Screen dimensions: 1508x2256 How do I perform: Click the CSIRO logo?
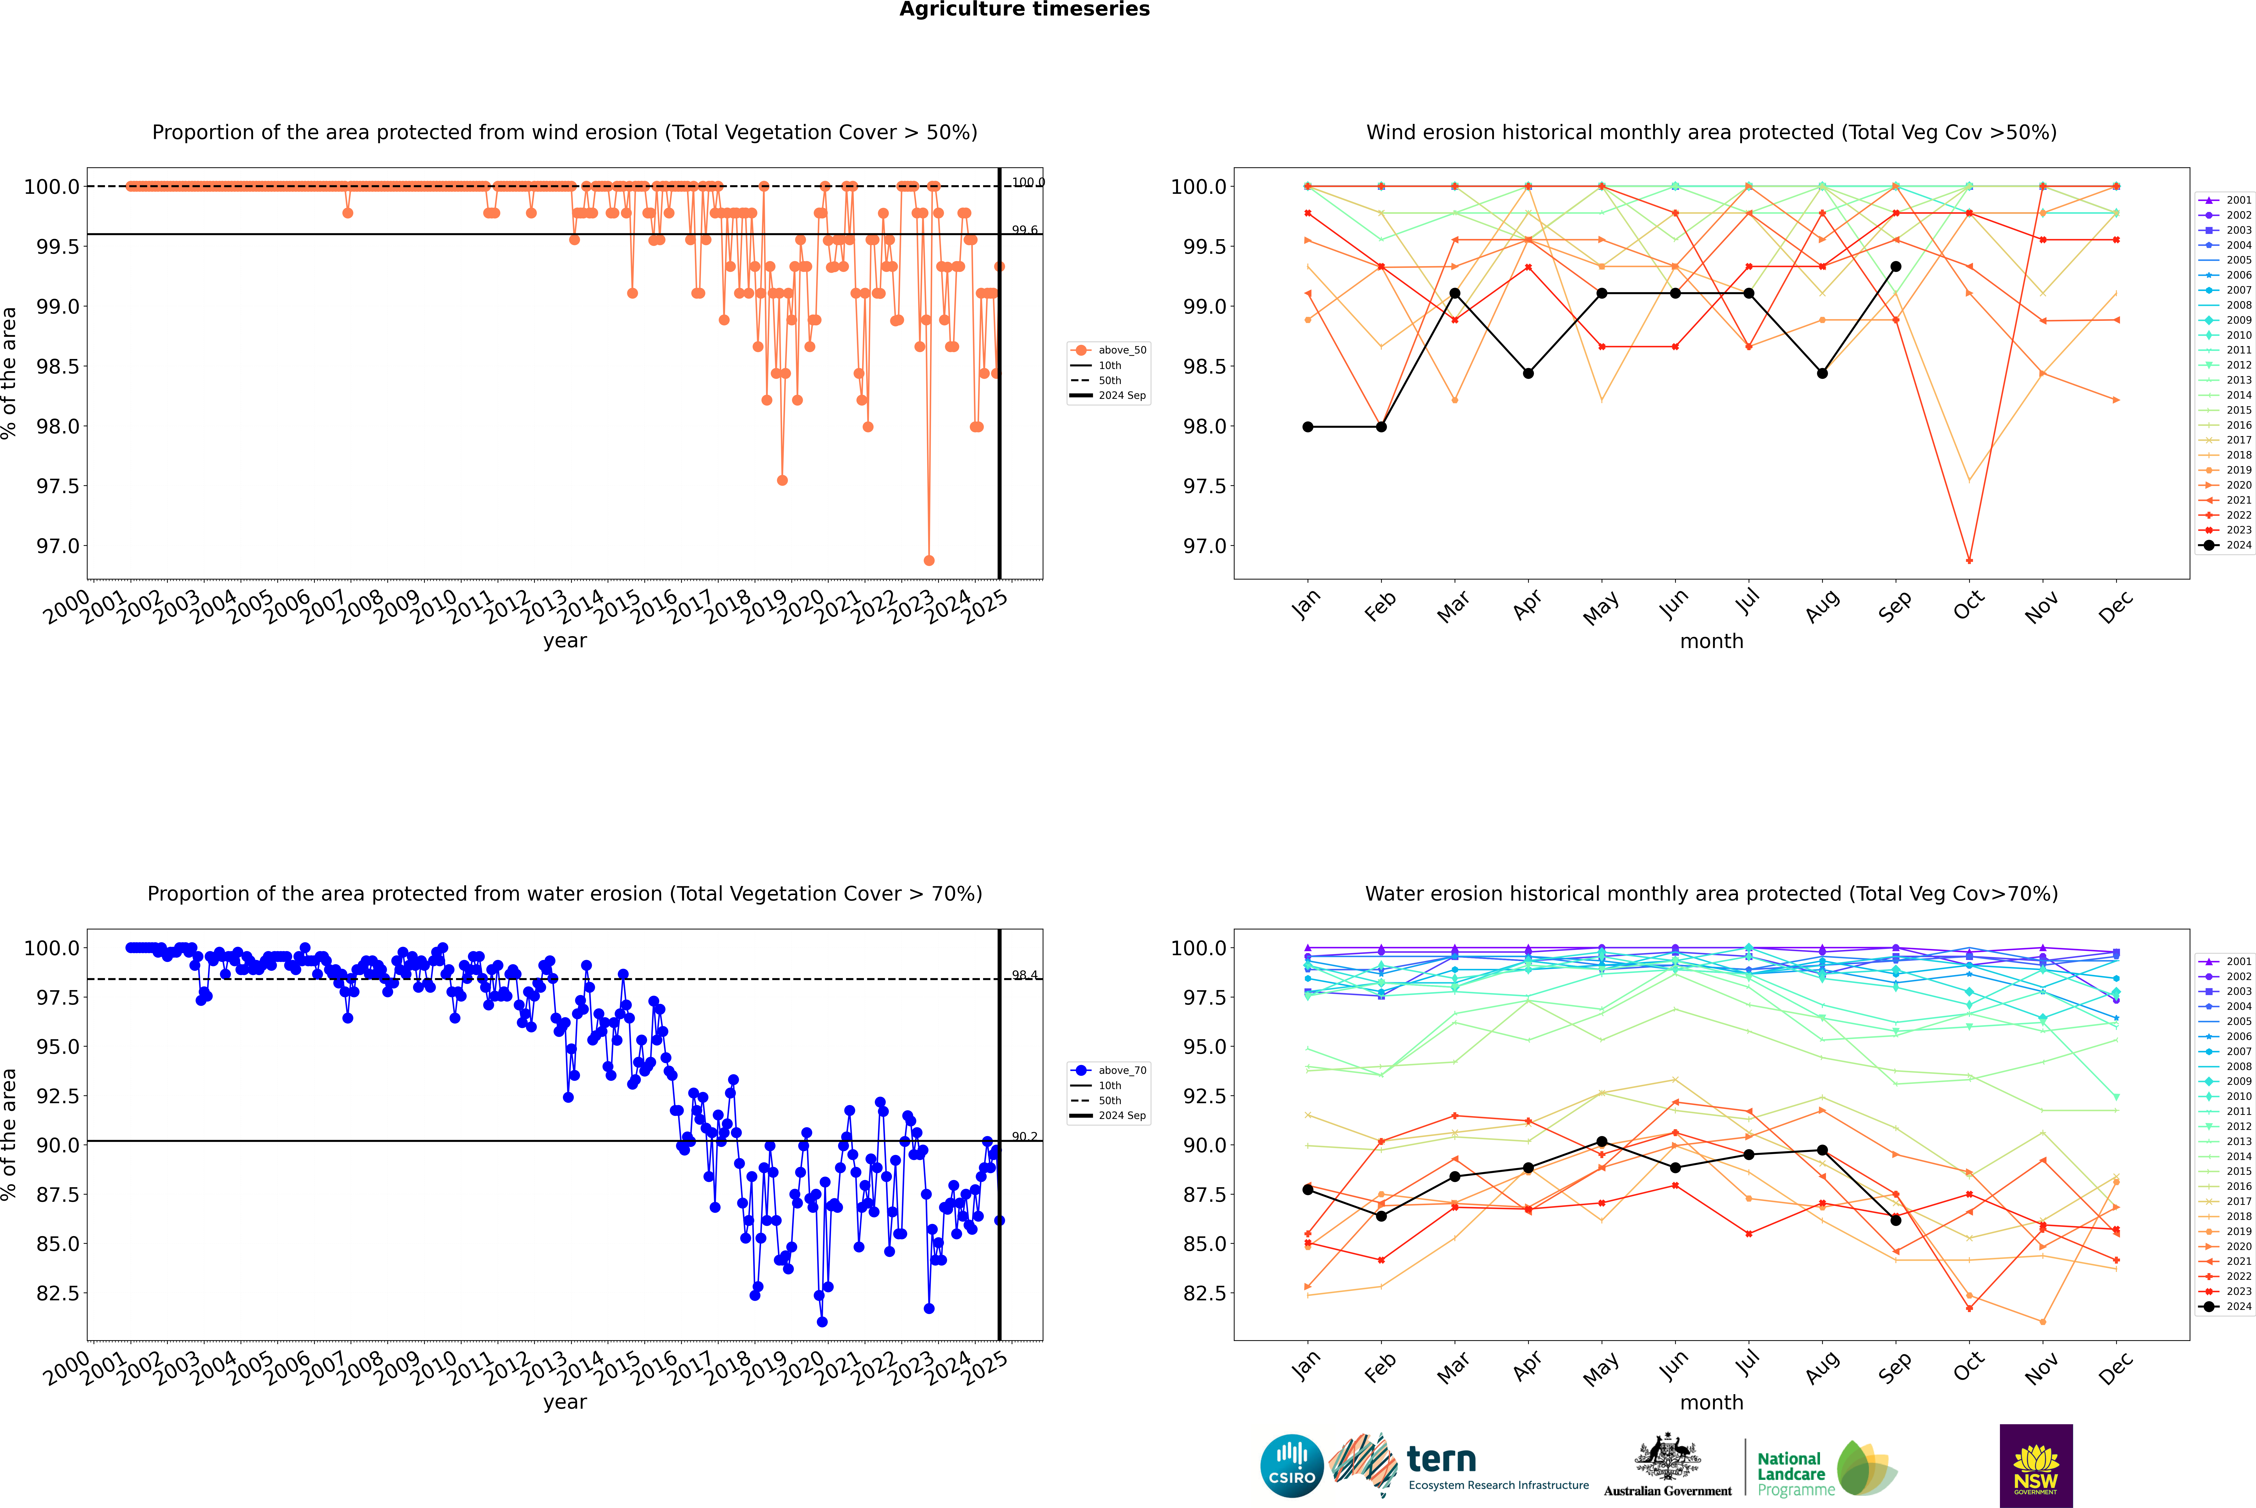[x=1292, y=1466]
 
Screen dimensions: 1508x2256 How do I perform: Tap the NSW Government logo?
[x=2036, y=1466]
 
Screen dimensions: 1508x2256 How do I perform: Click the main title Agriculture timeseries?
[x=1024, y=10]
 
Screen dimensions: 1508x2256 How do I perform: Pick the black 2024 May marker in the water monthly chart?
[x=1601, y=1142]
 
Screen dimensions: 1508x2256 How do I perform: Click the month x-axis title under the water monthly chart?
[x=1711, y=1402]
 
